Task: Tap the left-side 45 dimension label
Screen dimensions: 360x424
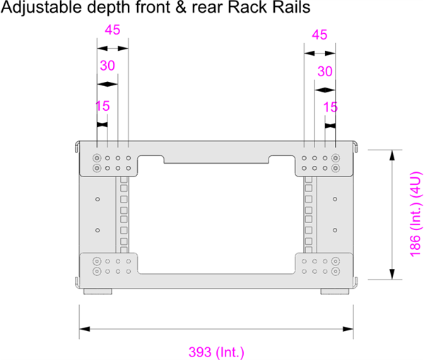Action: tap(112, 30)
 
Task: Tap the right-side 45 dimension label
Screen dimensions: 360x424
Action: tap(319, 35)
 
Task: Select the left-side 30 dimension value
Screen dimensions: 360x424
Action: tap(107, 66)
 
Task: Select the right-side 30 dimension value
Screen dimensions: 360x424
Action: tap(324, 71)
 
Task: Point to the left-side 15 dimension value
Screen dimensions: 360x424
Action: tap(102, 107)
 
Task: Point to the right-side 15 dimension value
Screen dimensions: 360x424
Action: tap(330, 107)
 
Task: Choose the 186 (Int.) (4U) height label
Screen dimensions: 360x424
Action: tap(416, 214)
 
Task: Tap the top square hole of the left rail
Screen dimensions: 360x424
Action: tap(124, 181)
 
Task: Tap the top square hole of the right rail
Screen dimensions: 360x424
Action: tap(308, 181)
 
